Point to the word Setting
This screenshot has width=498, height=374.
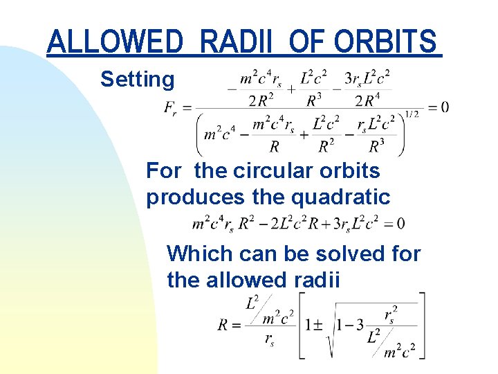coord(138,80)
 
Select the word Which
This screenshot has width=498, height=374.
coord(200,253)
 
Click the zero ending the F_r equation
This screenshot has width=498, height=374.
coord(444,107)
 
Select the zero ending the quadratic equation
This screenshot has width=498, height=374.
coord(401,224)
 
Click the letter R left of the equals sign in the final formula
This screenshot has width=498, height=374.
coord(223,324)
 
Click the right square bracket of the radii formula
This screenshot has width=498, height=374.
coord(421,325)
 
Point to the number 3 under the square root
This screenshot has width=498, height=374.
coord(360,324)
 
